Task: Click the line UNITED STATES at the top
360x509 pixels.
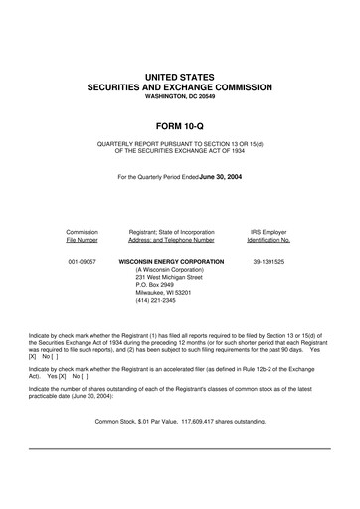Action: [x=179, y=76]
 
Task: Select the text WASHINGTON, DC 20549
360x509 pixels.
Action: [x=179, y=97]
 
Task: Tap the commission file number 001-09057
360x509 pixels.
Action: [x=82, y=262]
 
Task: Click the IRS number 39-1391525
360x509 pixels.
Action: [x=268, y=262]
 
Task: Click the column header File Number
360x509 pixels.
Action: [x=82, y=240]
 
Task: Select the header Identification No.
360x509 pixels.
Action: [x=268, y=240]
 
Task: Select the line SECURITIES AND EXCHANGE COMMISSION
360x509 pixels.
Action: [x=179, y=87]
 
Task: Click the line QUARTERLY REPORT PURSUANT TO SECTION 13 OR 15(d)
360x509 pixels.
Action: [x=179, y=144]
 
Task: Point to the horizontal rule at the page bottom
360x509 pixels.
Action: [x=179, y=449]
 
